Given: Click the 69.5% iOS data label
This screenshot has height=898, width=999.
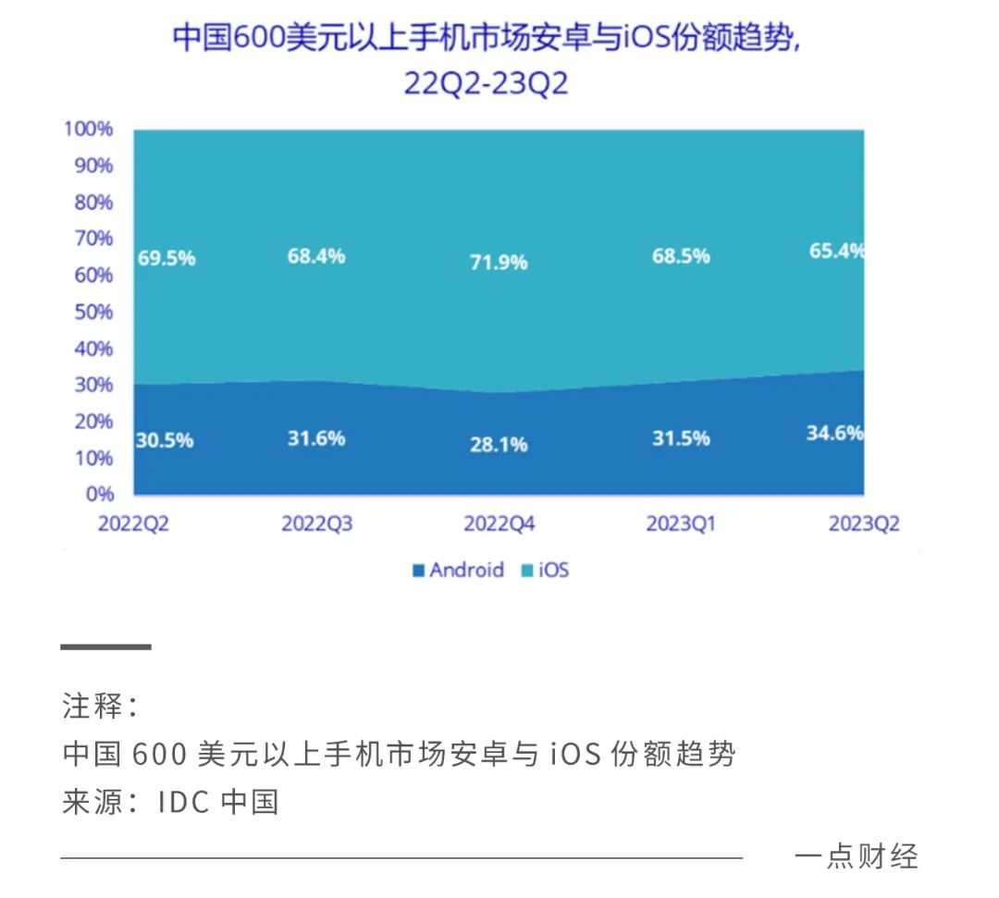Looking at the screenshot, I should click(x=166, y=259).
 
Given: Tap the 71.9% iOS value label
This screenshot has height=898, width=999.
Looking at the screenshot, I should click(x=497, y=263).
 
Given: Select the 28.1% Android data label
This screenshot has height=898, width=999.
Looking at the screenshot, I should click(x=497, y=445).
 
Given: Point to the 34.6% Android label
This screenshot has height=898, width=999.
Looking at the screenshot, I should click(x=834, y=432).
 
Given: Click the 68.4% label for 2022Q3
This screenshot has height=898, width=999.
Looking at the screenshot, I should click(x=316, y=255).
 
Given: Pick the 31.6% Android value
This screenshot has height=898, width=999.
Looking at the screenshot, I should click(x=316, y=438).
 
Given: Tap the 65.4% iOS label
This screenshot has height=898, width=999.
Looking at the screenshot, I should click(x=834, y=250).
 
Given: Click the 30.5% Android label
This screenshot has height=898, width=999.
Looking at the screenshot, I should click(x=166, y=441).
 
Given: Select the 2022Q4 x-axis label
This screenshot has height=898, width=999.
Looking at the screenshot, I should click(x=499, y=524).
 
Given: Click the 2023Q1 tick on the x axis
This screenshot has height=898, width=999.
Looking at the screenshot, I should click(x=681, y=524).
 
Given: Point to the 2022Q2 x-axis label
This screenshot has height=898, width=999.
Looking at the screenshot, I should click(x=134, y=524).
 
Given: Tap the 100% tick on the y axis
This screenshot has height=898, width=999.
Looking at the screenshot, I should click(x=89, y=129).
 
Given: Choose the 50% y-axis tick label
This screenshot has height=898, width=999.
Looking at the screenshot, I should click(x=92, y=312).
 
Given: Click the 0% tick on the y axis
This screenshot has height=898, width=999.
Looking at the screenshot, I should click(x=99, y=494).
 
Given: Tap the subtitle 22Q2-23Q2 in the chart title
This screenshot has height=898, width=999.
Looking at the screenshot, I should click(x=486, y=84).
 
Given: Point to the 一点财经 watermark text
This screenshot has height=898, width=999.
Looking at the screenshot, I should click(x=856, y=856).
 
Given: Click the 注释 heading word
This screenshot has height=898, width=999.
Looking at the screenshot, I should click(x=92, y=707).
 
